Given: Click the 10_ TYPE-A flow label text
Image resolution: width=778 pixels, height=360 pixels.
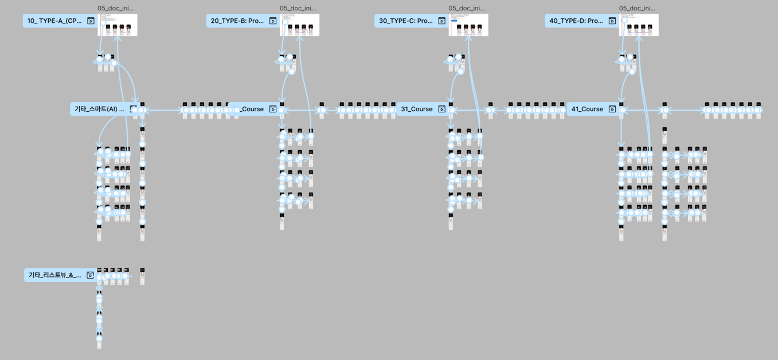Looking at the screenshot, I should (54, 21).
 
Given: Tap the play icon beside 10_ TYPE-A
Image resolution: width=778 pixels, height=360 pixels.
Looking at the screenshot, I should (91, 21).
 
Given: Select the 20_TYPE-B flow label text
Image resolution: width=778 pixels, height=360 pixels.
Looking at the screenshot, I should (237, 21).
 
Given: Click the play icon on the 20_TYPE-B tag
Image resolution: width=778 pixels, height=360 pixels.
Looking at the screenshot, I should (273, 21).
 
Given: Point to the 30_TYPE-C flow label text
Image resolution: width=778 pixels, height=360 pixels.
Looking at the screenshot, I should (405, 21).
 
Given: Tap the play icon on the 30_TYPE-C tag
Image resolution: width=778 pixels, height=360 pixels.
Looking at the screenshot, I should (441, 21).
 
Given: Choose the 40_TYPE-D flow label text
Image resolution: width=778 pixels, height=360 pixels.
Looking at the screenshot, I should (575, 21).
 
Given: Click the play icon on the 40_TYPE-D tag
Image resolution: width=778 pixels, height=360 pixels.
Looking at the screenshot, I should (612, 21).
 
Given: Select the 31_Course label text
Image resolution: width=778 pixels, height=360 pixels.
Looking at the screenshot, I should (417, 109).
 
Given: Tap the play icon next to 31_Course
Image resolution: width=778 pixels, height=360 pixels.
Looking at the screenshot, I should (441, 109).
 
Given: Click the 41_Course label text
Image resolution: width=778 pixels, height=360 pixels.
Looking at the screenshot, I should (587, 109).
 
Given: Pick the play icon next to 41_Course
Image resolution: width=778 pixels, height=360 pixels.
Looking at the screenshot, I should (612, 109).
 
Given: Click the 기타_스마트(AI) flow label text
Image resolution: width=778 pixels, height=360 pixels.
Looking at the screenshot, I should (99, 109).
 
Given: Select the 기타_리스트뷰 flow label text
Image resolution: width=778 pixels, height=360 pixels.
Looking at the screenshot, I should (54, 275).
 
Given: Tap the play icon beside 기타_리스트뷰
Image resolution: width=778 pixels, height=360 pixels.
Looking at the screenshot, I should (90, 275).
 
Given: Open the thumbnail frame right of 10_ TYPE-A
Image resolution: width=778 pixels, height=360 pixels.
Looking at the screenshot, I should (118, 25).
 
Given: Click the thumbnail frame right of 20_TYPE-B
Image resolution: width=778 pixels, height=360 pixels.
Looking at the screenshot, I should (299, 25).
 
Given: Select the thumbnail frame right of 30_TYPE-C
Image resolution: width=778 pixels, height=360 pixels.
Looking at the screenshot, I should (468, 25).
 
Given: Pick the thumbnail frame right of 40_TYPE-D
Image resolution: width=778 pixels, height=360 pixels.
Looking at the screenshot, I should (639, 25).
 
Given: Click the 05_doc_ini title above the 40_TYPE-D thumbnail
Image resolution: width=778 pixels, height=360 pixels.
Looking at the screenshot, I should (637, 8).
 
